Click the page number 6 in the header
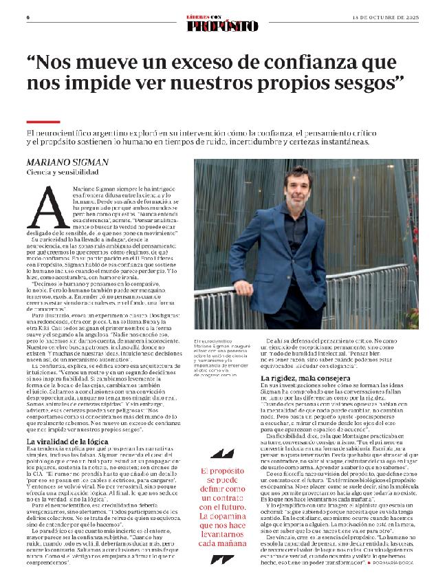[x=28, y=17]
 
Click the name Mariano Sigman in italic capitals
[x=68, y=162]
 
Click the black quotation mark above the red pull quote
[x=221, y=435]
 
